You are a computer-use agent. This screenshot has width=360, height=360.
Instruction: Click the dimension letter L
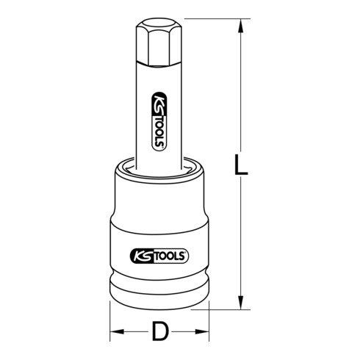pyautogui.click(x=242, y=163)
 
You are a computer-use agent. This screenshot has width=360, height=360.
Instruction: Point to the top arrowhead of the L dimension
pyautogui.click(x=240, y=27)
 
